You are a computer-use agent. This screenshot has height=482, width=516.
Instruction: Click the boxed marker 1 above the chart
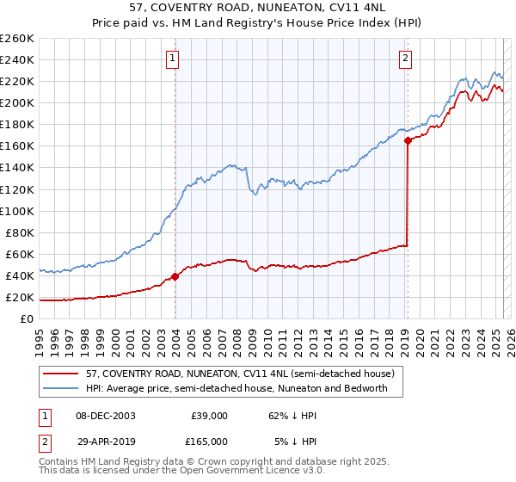[x=173, y=59]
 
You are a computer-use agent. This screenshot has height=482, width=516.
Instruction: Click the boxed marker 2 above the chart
[x=405, y=59]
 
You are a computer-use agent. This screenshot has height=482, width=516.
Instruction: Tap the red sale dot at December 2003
[x=175, y=276]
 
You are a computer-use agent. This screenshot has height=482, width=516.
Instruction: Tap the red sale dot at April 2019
[x=408, y=141]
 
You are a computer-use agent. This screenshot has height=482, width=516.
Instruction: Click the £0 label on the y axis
[x=28, y=318]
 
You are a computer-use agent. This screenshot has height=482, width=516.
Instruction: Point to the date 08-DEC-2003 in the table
[x=105, y=415]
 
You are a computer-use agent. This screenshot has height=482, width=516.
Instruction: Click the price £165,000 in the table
[x=209, y=441]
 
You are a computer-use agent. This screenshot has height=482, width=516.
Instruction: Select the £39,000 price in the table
[x=209, y=415]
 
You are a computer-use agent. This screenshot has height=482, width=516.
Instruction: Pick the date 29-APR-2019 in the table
[x=105, y=441]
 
